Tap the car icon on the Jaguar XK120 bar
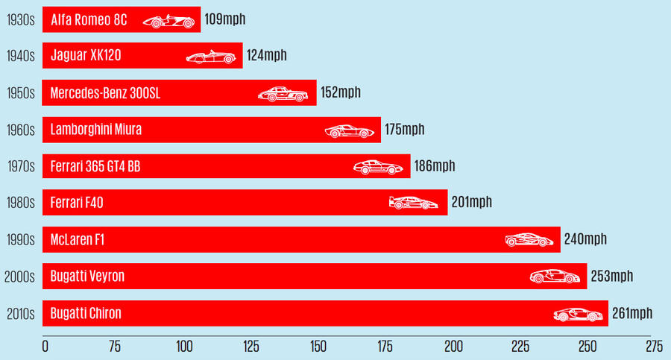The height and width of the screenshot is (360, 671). coord(205,57)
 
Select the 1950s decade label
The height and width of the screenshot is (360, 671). coord(19,93)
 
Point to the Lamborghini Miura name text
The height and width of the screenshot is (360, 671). coord(96,130)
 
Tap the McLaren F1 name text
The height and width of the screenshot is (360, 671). coord(81,239)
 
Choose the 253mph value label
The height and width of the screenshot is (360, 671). coord(611,277)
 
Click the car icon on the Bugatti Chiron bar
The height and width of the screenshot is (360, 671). coord(579,314)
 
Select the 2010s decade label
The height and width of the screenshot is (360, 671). coord(18,314)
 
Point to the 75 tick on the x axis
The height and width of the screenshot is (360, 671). coord(115,346)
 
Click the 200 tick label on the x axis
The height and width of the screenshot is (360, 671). coord(453,346)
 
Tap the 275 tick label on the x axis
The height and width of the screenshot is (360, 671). coord(653,346)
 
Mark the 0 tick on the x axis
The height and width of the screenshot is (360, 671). coord(45,346)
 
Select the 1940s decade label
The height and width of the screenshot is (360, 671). coord(19,56)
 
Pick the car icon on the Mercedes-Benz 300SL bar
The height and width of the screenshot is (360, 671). coord(281,93)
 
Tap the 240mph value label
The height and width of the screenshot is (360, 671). coord(585,239)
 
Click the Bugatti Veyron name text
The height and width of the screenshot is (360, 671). coord(87,277)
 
